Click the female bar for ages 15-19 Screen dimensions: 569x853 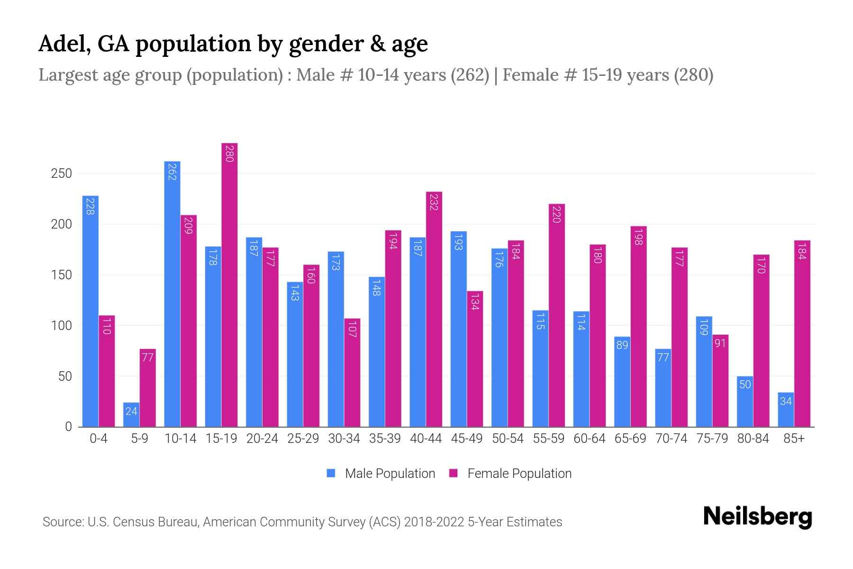[229, 284]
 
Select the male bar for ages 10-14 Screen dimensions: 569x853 [172, 294]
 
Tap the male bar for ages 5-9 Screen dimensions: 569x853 [131, 415]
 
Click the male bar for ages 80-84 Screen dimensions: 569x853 [745, 402]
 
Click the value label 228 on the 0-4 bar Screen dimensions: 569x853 [90, 206]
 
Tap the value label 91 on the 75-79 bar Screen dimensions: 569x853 [720, 343]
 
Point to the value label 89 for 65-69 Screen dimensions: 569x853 [622, 345]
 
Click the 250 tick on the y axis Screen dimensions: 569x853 [61, 174]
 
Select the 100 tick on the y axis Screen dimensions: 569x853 [61, 326]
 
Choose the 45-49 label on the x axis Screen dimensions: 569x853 [466, 439]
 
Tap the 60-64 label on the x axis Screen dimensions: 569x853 [589, 439]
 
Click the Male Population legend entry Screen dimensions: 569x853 [381, 473]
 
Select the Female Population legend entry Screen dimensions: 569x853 [511, 473]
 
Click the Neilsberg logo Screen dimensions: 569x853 [757, 517]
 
